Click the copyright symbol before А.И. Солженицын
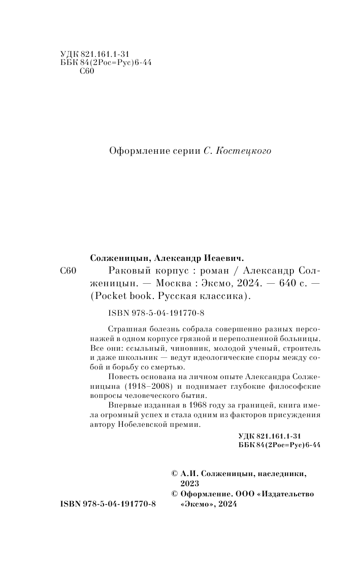pos(175,473)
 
